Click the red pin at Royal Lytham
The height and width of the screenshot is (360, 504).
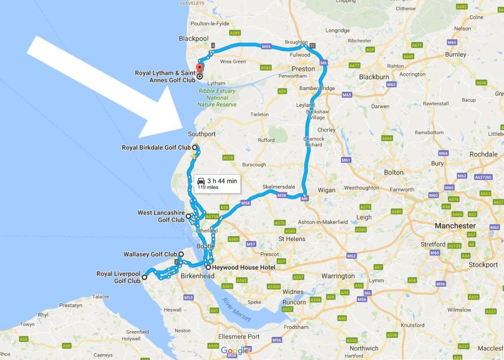tap(199, 68)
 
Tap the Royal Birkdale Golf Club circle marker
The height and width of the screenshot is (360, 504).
tap(195, 147)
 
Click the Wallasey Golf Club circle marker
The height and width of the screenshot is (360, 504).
tap(181, 254)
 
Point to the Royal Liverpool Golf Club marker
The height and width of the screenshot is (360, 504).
tap(144, 277)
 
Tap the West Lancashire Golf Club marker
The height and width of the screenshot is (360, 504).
tap(189, 216)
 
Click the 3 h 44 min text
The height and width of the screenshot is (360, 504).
tap(222, 181)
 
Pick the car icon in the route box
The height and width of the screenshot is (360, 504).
tap(201, 181)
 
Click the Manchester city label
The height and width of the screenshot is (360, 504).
tap(455, 226)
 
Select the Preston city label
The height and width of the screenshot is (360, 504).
tap(303, 69)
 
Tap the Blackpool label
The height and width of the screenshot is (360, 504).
tap(194, 38)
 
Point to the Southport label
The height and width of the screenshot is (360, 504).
tap(201, 134)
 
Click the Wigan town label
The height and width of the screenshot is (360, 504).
tap(327, 190)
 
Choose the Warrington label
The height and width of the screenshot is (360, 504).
tap(338, 276)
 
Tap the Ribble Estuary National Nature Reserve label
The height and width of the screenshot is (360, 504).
tap(217, 98)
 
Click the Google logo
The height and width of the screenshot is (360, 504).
tap(235, 350)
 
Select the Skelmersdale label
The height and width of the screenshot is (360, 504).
tap(279, 187)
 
